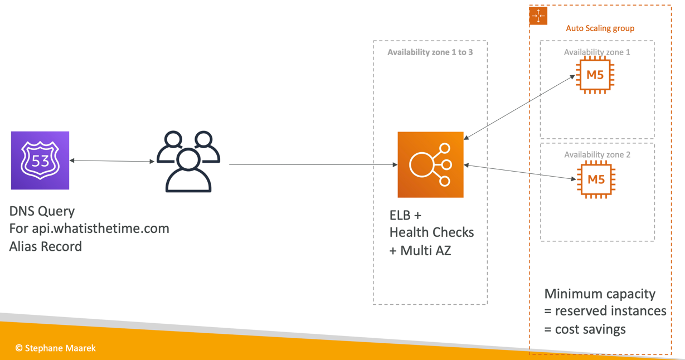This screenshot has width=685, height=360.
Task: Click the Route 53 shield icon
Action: tap(40, 160)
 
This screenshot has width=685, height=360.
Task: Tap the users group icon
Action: tap(188, 162)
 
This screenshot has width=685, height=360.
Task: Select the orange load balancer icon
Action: tap(430, 164)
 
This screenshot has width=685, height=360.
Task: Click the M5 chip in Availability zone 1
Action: tap(595, 75)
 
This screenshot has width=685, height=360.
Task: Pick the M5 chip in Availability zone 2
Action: tap(596, 179)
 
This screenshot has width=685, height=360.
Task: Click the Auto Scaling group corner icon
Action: tap(538, 16)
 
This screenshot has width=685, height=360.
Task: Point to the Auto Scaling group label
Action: tap(600, 28)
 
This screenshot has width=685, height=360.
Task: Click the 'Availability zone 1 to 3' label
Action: tap(430, 52)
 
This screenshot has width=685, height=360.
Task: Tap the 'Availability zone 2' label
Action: tap(597, 154)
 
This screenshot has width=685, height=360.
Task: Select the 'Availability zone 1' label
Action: tap(597, 52)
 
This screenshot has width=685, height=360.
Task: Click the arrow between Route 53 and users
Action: tap(111, 161)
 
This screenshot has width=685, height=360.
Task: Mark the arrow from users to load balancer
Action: tap(312, 164)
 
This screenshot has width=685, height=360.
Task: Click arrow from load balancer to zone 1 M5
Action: tap(519, 107)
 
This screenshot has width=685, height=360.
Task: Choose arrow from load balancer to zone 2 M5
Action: tap(519, 172)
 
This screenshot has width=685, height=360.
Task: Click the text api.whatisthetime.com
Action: tap(100, 228)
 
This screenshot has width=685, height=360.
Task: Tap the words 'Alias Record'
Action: tap(46, 246)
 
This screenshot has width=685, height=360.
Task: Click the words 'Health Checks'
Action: tap(431, 232)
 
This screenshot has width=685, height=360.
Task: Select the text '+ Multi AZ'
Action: tap(420, 251)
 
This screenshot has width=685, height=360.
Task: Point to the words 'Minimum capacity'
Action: tap(600, 294)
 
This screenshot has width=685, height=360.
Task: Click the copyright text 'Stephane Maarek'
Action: tap(56, 348)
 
